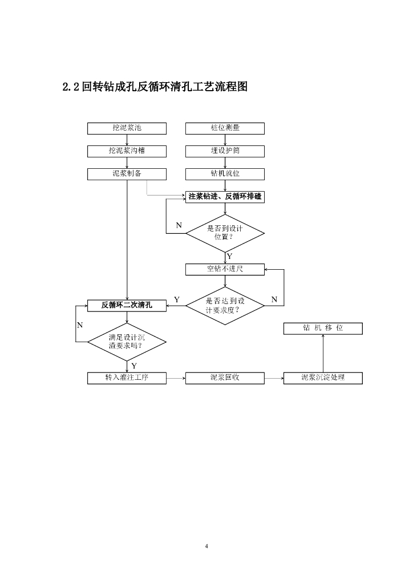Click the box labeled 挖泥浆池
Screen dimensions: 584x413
point(127,128)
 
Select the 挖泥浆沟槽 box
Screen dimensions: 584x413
point(127,151)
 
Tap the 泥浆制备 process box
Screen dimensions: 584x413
point(127,174)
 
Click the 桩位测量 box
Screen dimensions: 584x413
point(225,128)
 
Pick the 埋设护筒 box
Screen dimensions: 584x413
point(225,151)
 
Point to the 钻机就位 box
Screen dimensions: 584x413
point(225,174)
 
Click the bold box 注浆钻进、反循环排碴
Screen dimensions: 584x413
point(225,197)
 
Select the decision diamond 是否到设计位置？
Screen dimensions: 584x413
point(225,233)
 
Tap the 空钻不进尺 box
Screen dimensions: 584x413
point(225,269)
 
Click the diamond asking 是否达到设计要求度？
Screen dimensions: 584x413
point(225,306)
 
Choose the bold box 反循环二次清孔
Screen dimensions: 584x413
point(127,305)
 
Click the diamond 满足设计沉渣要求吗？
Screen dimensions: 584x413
point(127,342)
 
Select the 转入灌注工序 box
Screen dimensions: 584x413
point(127,378)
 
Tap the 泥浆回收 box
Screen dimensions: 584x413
point(225,378)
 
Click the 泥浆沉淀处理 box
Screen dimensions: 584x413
point(323,378)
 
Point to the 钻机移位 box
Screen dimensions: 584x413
point(323,328)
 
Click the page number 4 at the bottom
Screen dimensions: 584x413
point(206,547)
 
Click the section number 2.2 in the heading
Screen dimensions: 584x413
point(71,87)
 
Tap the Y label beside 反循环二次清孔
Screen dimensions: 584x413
point(177,299)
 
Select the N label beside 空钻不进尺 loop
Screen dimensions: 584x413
point(274,299)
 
